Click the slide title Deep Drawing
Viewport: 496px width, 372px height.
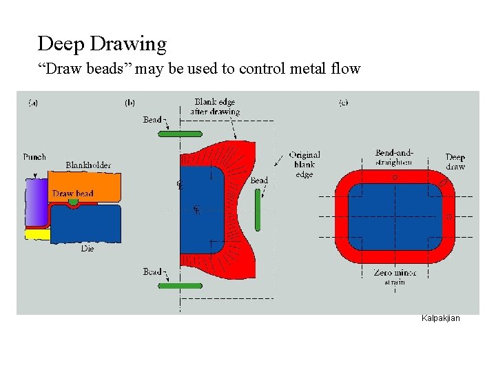tap(102, 44)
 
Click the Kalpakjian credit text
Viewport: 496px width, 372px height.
tap(440, 318)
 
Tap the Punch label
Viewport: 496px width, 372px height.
tap(34, 157)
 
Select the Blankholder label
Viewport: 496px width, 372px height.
tap(87, 165)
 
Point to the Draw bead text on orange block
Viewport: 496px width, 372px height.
tap(73, 194)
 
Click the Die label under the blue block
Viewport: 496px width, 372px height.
tap(87, 249)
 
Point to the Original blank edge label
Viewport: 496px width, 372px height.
tap(304, 165)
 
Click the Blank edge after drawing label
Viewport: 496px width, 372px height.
tap(216, 107)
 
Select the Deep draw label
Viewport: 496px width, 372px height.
tap(455, 162)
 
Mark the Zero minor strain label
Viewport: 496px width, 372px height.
tap(395, 277)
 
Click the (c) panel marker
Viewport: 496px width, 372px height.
tap(343, 103)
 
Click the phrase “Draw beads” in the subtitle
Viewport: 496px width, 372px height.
tap(74, 69)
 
